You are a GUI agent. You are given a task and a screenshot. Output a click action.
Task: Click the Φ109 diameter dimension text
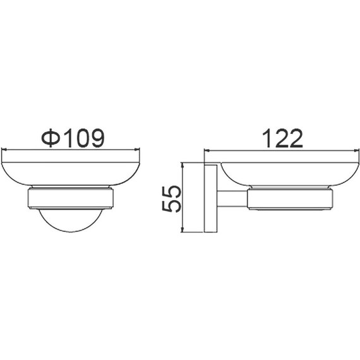tap(73, 138)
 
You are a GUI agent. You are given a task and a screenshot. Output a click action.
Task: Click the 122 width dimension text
tap(282, 138)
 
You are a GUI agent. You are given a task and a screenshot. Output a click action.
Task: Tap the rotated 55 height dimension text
tap(172, 199)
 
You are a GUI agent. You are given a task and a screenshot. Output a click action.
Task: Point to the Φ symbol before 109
tap(51, 138)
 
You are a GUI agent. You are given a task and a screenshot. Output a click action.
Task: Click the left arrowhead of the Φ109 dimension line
tap(4, 150)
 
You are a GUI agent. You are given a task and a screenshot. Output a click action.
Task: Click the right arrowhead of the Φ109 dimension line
tap(137, 150)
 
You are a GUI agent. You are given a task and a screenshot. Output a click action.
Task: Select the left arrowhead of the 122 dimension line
tap(207, 151)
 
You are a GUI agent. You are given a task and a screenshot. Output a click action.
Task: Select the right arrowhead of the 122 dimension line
tap(356, 151)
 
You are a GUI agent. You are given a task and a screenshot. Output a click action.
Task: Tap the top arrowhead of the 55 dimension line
tap(183, 165)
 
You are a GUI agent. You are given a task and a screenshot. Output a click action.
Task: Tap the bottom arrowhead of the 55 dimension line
tap(183, 229)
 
